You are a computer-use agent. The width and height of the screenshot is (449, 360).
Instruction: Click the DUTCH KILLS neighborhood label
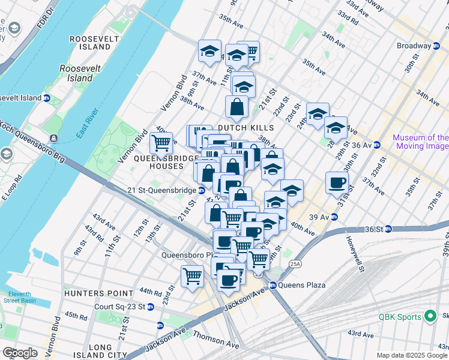click(x=246, y=128)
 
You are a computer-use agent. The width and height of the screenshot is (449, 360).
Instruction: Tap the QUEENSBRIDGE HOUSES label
click(x=166, y=161)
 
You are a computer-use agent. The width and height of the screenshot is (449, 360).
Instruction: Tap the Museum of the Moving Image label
click(x=420, y=142)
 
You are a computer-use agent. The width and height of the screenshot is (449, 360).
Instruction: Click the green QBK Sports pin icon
click(x=429, y=316)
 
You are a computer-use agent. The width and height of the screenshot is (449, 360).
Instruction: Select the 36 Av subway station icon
click(x=377, y=145)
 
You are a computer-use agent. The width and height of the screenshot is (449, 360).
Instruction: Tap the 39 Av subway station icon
click(x=335, y=217)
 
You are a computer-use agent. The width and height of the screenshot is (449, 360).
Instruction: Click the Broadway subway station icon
click(x=435, y=46)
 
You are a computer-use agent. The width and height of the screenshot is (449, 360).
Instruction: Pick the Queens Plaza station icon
click(x=273, y=285)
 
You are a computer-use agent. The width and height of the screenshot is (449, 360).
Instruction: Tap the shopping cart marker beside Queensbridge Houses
click(x=161, y=144)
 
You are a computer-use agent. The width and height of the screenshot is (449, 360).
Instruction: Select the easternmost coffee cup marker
click(x=337, y=183)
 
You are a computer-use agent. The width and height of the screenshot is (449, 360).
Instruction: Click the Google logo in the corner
click(x=20, y=353)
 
